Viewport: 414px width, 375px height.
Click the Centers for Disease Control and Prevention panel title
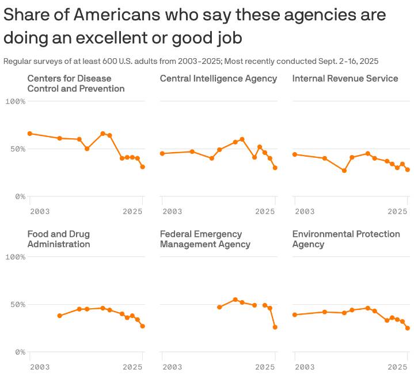coord(76,84)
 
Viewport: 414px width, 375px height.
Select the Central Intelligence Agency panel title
coord(218,78)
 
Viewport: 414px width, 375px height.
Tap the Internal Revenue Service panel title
coord(345,78)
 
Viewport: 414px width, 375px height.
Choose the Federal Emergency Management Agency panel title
coord(205,239)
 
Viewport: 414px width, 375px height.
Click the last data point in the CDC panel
coord(143,167)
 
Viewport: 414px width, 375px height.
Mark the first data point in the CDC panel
coord(30,134)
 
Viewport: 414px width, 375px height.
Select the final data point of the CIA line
coord(275,168)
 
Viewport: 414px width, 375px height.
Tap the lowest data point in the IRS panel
coord(344,171)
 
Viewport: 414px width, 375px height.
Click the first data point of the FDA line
coord(60,316)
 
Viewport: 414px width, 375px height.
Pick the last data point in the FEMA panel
coord(275,327)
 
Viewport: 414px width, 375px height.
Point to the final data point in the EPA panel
coord(408,328)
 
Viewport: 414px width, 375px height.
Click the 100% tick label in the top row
coord(15,101)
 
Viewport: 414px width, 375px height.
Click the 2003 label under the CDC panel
coord(39,211)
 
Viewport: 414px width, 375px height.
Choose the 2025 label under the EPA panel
coord(398,367)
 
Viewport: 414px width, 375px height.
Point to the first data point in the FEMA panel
coord(219,307)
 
